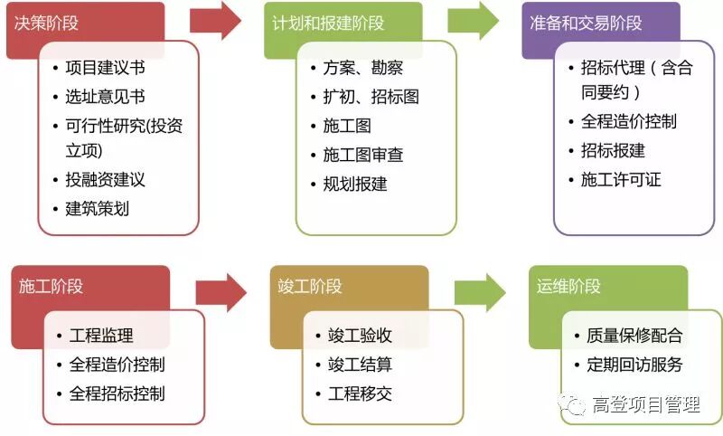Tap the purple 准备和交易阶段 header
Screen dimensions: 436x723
click(x=587, y=21)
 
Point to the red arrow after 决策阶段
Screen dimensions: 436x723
click(x=217, y=21)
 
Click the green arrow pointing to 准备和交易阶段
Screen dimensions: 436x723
click(x=474, y=21)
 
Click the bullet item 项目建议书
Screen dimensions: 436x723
click(x=105, y=68)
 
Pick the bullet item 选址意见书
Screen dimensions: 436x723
click(x=105, y=97)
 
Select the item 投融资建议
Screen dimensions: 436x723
click(x=105, y=179)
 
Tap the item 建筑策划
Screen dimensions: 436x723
click(x=97, y=208)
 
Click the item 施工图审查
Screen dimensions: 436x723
click(x=362, y=155)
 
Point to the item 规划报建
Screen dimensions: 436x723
click(x=354, y=184)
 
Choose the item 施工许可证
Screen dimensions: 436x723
click(x=620, y=179)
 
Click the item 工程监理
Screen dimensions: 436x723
click(x=100, y=336)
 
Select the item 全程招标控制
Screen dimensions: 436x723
click(x=117, y=393)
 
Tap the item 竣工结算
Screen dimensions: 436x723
click(x=359, y=365)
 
